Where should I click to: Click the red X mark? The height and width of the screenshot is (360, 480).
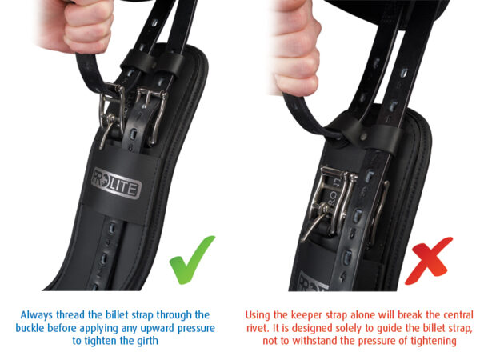430,262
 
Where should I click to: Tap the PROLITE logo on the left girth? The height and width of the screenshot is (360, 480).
116,183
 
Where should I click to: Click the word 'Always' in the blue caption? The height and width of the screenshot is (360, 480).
37,315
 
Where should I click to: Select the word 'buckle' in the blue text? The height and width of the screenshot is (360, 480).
30,328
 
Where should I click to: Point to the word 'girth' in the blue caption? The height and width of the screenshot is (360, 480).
147,341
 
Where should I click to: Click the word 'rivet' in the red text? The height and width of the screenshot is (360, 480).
257,328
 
